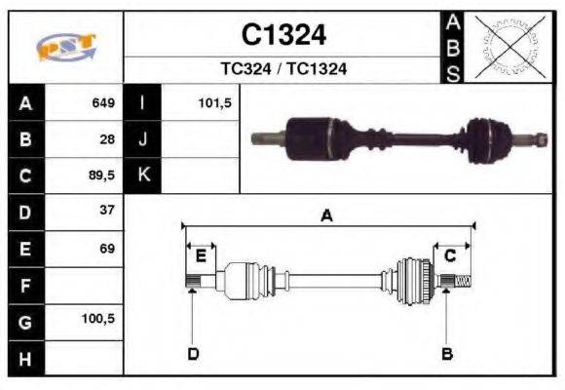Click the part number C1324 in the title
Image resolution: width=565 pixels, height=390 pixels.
[x=283, y=35]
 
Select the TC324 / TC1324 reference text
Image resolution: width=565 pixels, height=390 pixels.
[x=283, y=69]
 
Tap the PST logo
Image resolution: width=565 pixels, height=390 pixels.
[x=65, y=47]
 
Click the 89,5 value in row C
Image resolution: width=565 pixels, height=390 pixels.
[x=102, y=175]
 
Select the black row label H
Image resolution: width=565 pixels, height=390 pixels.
[x=25, y=358]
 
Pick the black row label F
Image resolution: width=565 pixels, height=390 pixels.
[x=25, y=286]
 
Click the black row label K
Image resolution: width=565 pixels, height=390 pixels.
[x=143, y=175]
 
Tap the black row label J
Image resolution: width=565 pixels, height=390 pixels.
[x=143, y=138]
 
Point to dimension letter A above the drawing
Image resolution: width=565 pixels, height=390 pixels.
[x=326, y=216]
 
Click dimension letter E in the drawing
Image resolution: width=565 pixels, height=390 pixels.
[x=200, y=256]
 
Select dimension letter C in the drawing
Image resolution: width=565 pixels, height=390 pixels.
[x=450, y=256]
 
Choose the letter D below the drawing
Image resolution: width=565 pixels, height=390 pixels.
[x=193, y=353]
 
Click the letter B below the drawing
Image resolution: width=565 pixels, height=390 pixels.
[x=447, y=353]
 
